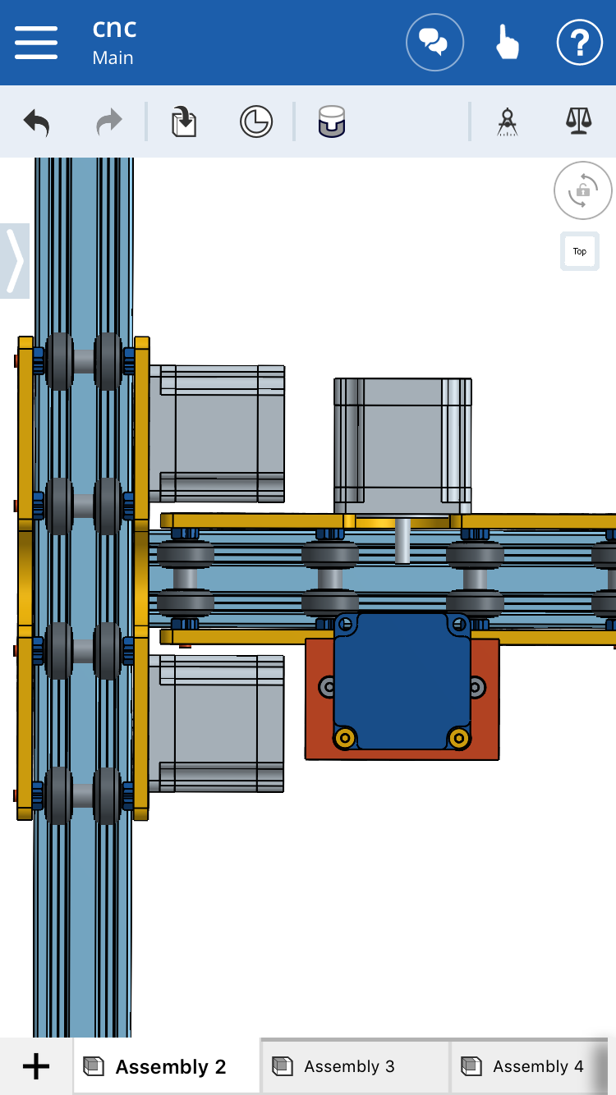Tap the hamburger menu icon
click(36, 43)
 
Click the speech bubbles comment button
click(434, 43)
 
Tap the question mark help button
click(579, 43)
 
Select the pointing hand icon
click(507, 43)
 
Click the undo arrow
click(37, 122)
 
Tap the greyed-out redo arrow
click(108, 121)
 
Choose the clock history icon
click(256, 121)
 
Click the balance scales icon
click(579, 121)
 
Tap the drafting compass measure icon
click(508, 121)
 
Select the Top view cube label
click(580, 251)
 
